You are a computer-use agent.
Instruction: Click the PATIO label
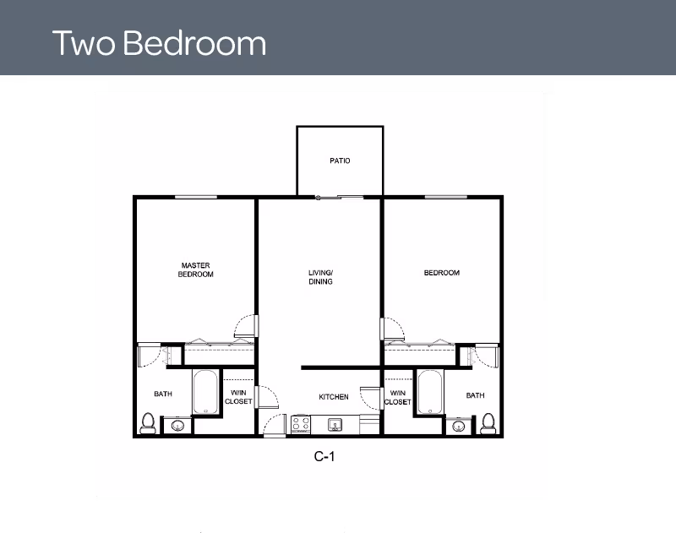click(x=340, y=160)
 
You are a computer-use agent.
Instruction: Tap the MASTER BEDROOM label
click(x=196, y=269)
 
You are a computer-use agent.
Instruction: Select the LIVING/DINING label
click(x=321, y=277)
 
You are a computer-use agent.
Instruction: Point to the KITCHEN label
click(x=334, y=397)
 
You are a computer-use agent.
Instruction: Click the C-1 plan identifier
click(x=324, y=456)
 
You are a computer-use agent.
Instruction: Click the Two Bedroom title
click(x=159, y=43)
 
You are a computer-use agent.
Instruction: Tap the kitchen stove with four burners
click(x=301, y=424)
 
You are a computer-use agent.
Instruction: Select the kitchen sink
click(x=335, y=425)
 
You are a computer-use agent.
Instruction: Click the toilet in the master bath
click(x=148, y=423)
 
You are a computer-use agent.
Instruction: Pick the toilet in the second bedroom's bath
click(x=488, y=423)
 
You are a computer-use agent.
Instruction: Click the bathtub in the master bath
click(x=205, y=392)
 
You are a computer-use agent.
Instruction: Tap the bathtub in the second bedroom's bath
click(x=430, y=392)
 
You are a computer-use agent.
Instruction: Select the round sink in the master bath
click(x=177, y=426)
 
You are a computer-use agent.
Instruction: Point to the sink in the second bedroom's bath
click(x=458, y=427)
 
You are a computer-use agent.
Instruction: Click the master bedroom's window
click(x=196, y=197)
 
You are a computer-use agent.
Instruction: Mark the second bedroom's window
click(x=446, y=197)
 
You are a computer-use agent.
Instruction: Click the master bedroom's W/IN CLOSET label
click(x=238, y=397)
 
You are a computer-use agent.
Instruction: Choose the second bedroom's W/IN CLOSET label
click(x=397, y=397)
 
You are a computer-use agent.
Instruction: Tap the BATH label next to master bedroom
click(x=163, y=394)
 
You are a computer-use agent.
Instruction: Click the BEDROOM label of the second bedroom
click(x=441, y=273)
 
